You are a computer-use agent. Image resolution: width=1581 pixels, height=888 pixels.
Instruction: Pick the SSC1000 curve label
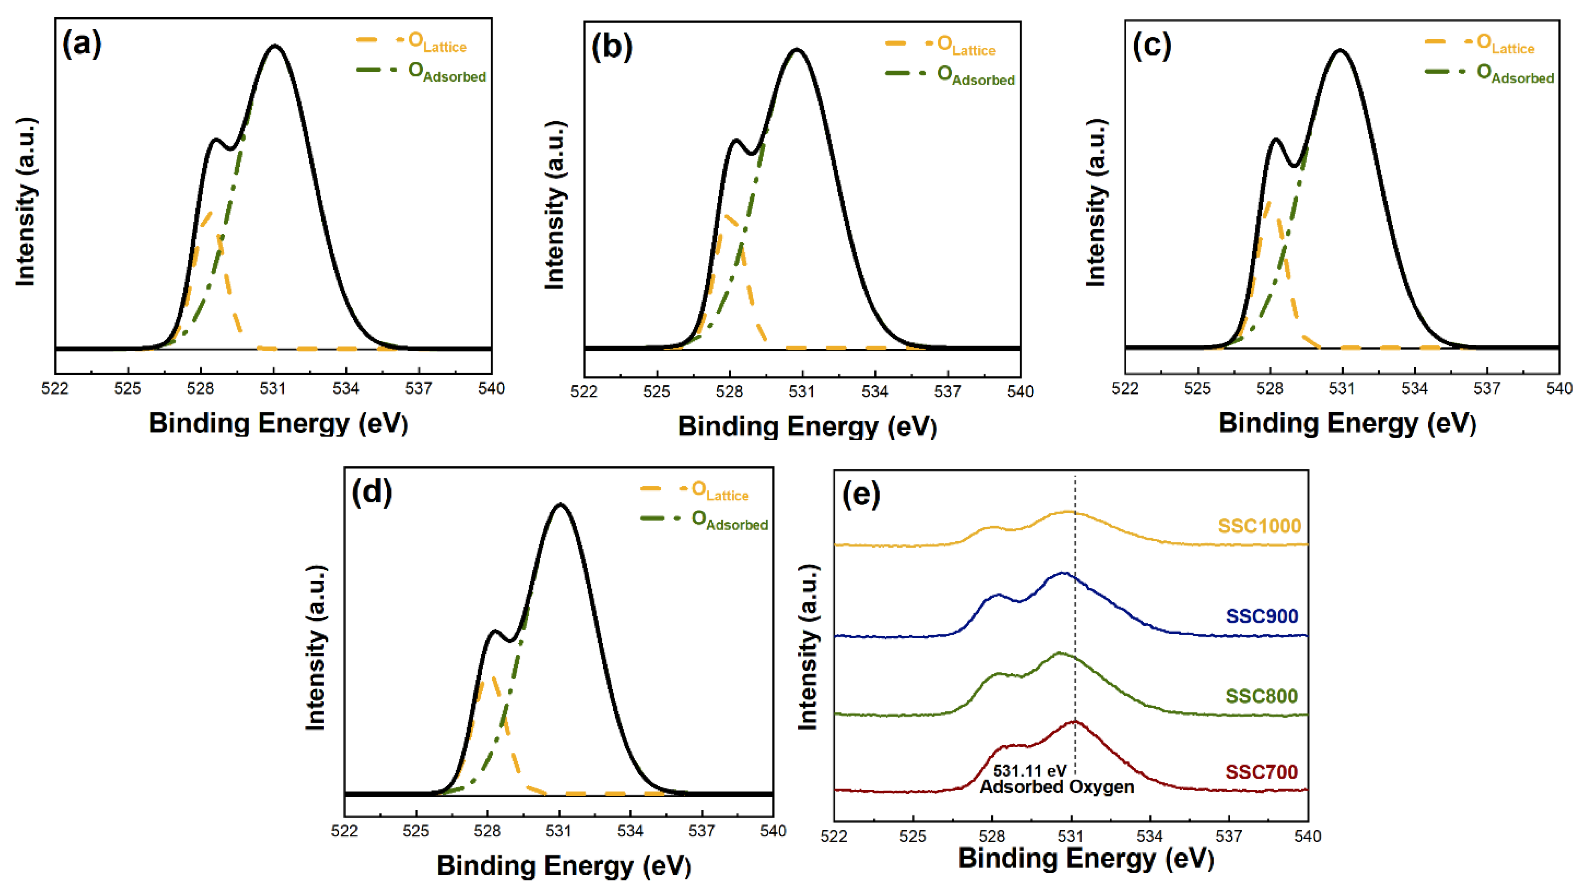[x=1259, y=526]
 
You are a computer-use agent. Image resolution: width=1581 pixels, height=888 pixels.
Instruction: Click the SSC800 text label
[x=1261, y=696]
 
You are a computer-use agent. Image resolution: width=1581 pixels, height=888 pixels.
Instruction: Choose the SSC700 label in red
[x=1261, y=771]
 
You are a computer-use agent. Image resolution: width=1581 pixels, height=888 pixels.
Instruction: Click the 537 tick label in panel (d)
[x=701, y=831]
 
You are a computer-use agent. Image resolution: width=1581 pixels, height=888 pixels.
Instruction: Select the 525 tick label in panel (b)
[x=657, y=392]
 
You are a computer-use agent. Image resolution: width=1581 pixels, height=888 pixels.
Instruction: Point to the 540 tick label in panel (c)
[x=1559, y=388]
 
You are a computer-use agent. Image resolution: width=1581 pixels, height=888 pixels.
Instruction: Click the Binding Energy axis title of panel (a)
[x=278, y=423]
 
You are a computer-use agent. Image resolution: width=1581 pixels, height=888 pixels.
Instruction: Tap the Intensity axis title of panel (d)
[x=316, y=647]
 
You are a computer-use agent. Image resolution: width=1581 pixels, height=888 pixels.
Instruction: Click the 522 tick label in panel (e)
[x=834, y=836]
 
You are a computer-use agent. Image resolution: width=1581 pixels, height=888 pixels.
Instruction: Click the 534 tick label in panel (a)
[x=346, y=388]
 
